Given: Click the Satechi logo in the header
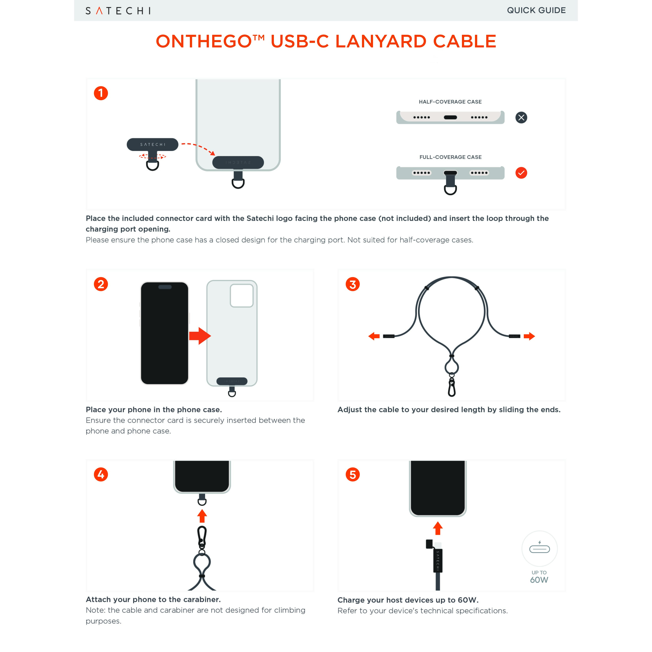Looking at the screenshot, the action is [118, 11].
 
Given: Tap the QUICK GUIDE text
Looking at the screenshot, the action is [536, 10].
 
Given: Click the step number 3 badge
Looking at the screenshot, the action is [353, 284].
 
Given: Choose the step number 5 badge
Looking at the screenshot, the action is [353, 475].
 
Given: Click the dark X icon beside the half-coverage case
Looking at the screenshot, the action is [521, 117].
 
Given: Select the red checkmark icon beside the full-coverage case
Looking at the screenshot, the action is [521, 173].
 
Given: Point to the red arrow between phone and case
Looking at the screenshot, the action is [200, 336].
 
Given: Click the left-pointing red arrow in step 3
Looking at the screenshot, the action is [374, 336].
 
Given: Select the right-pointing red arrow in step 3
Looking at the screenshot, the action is [529, 336].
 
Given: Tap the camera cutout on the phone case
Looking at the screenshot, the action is [242, 296].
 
